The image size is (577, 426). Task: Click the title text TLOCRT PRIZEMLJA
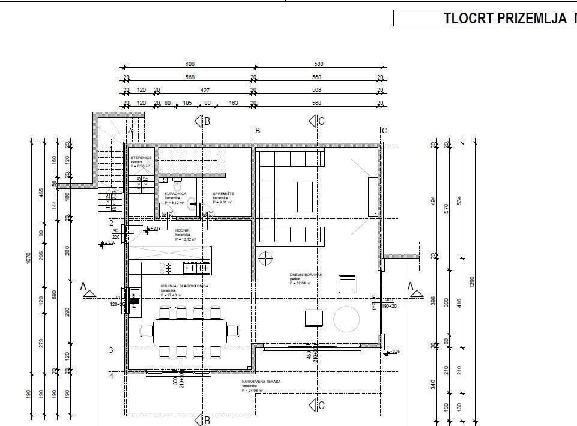point(507,18)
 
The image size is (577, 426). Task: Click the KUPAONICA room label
point(175,194)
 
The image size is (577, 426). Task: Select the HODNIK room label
point(183,230)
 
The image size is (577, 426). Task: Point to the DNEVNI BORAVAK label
point(306,275)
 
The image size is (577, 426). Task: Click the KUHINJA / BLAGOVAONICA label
point(184,286)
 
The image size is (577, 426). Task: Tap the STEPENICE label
point(141,157)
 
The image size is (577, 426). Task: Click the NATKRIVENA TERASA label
point(261,382)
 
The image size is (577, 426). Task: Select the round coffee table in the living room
point(347,319)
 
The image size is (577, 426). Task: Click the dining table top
point(190,329)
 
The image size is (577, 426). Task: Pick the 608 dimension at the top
point(190,64)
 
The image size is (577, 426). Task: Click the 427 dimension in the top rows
point(205,90)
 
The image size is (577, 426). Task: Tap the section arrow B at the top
point(201,121)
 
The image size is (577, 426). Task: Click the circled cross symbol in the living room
point(265,257)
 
